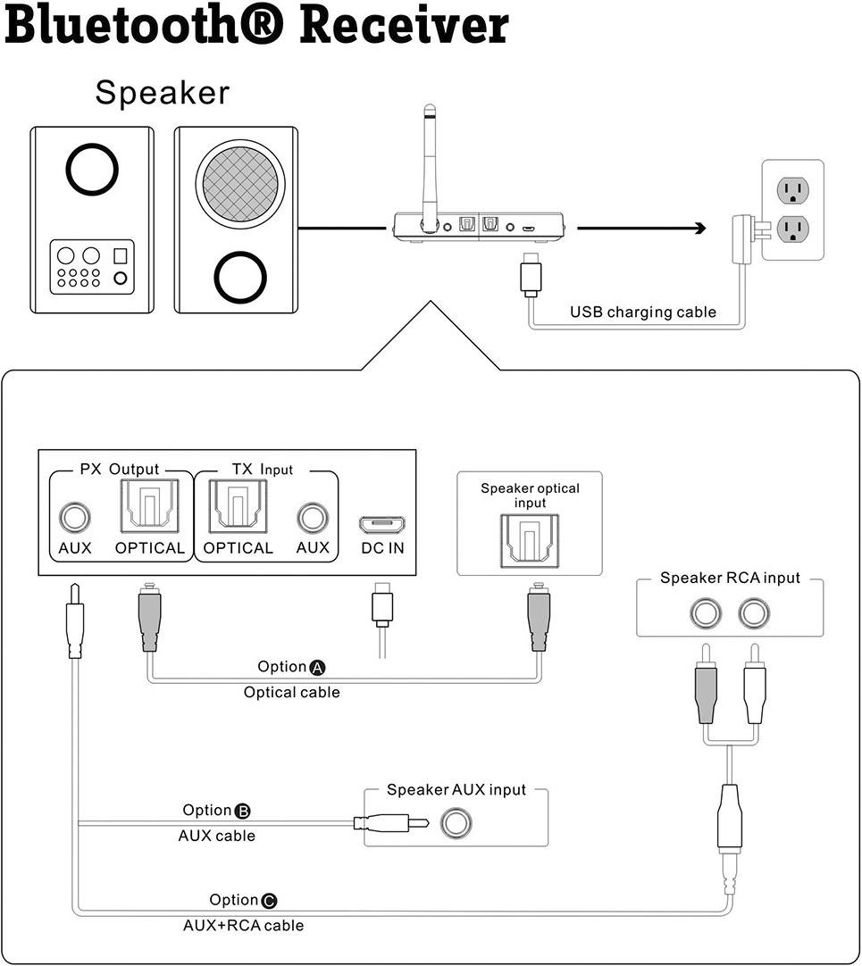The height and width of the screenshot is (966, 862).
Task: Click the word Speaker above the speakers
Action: click(162, 93)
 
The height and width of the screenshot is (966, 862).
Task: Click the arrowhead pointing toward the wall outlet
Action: click(697, 229)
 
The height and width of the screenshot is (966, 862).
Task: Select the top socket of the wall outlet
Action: click(791, 190)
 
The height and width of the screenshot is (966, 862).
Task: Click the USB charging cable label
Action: click(643, 312)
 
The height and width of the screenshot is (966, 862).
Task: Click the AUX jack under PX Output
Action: click(75, 517)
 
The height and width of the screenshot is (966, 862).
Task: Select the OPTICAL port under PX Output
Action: click(149, 507)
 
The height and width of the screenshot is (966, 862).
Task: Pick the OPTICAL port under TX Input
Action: click(238, 507)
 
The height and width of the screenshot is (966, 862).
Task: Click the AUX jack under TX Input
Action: click(313, 517)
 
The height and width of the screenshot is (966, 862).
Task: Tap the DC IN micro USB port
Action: click(381, 523)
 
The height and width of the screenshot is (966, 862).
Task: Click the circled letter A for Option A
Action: click(318, 668)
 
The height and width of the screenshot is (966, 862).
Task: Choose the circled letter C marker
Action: click(270, 901)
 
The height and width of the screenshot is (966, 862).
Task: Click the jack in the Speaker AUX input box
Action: click(455, 821)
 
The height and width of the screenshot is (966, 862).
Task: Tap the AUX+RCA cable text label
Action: click(243, 926)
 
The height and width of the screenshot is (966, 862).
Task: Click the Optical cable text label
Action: click(291, 693)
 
